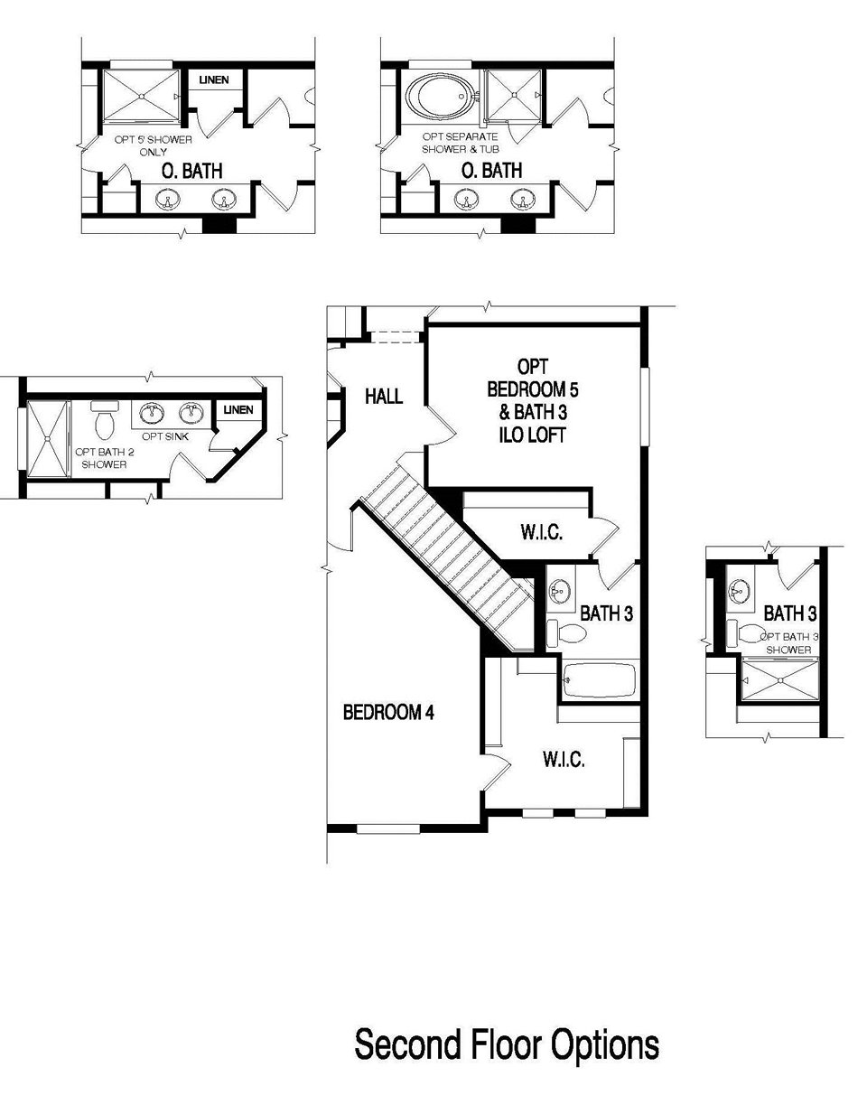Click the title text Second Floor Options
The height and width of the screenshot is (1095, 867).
tap(507, 1045)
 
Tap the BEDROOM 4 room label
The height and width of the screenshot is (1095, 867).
tap(388, 713)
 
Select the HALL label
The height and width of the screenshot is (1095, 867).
tap(384, 397)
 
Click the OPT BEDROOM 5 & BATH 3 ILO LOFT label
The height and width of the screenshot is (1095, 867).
tap(533, 401)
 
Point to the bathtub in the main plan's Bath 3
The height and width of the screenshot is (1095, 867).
tap(600, 679)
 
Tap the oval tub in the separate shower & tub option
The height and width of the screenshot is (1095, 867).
tap(440, 94)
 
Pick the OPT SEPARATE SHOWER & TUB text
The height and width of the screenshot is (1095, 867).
tap(460, 143)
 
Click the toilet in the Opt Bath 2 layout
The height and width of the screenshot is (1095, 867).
tap(105, 420)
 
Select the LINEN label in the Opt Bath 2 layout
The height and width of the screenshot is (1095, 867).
tap(238, 410)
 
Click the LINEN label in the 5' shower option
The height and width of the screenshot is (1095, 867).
tap(214, 80)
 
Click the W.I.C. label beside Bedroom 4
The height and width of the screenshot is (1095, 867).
tap(564, 760)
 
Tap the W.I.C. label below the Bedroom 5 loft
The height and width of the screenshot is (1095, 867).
tap(541, 533)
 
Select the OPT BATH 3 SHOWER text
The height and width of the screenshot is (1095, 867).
tap(789, 643)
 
